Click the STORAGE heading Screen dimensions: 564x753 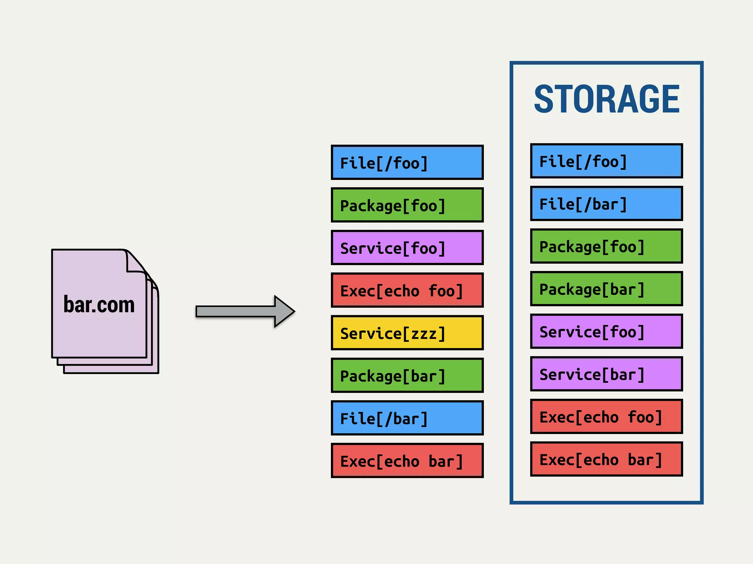pos(607,99)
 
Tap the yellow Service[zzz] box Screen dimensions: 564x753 pos(407,333)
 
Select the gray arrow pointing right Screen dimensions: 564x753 pos(245,311)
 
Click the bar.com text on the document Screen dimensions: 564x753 pos(99,304)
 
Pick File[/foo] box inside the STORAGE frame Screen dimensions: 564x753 pos(606,161)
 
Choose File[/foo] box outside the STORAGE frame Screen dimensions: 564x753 pos(407,162)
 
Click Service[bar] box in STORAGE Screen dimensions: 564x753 pos(606,374)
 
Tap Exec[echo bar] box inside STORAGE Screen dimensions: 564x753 pos(606,459)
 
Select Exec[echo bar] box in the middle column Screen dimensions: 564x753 pos(407,460)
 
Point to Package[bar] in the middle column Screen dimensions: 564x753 pos(407,375)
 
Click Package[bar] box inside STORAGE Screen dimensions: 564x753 pos(606,289)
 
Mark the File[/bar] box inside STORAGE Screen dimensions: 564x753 pos(606,204)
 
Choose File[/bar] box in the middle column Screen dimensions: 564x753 pos(407,418)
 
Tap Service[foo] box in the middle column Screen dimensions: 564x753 pos(407,247)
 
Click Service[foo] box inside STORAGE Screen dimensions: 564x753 pos(606,332)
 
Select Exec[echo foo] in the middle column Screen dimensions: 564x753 pos(407,290)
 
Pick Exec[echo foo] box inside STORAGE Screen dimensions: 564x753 pos(606,417)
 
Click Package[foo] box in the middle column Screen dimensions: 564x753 pos(407,205)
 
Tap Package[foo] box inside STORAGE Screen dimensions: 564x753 pos(606,246)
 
